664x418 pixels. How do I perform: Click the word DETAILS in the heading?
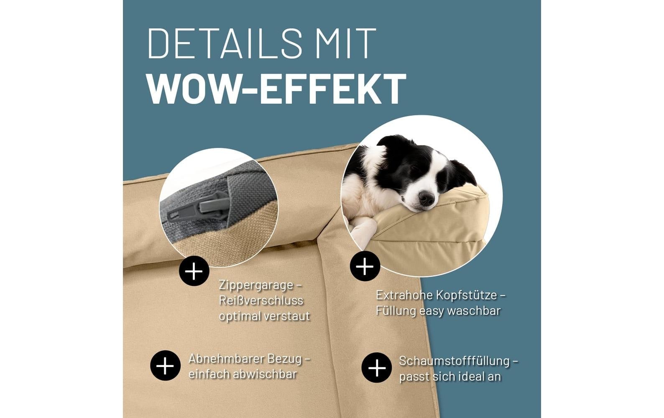(225, 43)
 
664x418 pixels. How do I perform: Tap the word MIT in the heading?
(346, 43)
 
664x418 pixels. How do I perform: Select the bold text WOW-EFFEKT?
(276, 89)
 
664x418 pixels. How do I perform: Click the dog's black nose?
(426, 198)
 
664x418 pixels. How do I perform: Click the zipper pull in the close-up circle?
(211, 207)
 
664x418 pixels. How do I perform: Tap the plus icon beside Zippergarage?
(194, 271)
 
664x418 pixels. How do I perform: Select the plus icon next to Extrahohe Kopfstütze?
(365, 266)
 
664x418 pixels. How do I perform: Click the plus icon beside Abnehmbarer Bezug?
(165, 365)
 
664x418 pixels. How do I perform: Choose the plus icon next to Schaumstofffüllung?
(376, 368)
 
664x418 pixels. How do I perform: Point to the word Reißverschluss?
(261, 301)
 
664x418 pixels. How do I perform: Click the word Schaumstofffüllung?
(454, 361)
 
